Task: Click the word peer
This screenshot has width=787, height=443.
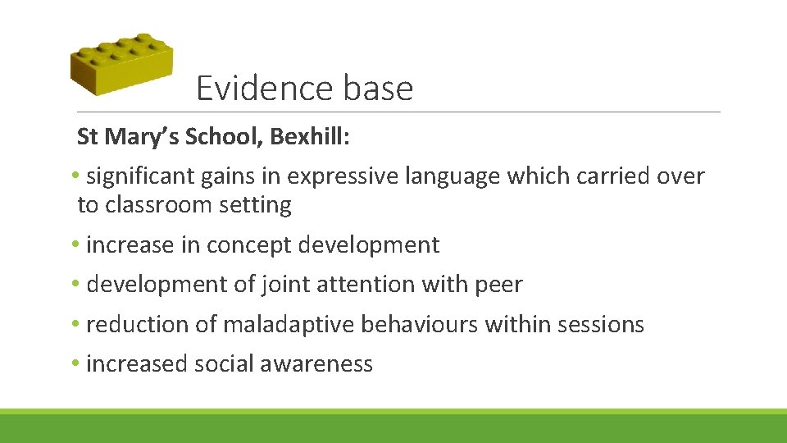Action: point(498,285)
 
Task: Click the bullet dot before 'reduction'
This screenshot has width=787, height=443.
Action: point(75,325)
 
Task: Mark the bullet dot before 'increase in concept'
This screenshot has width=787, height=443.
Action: point(75,245)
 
